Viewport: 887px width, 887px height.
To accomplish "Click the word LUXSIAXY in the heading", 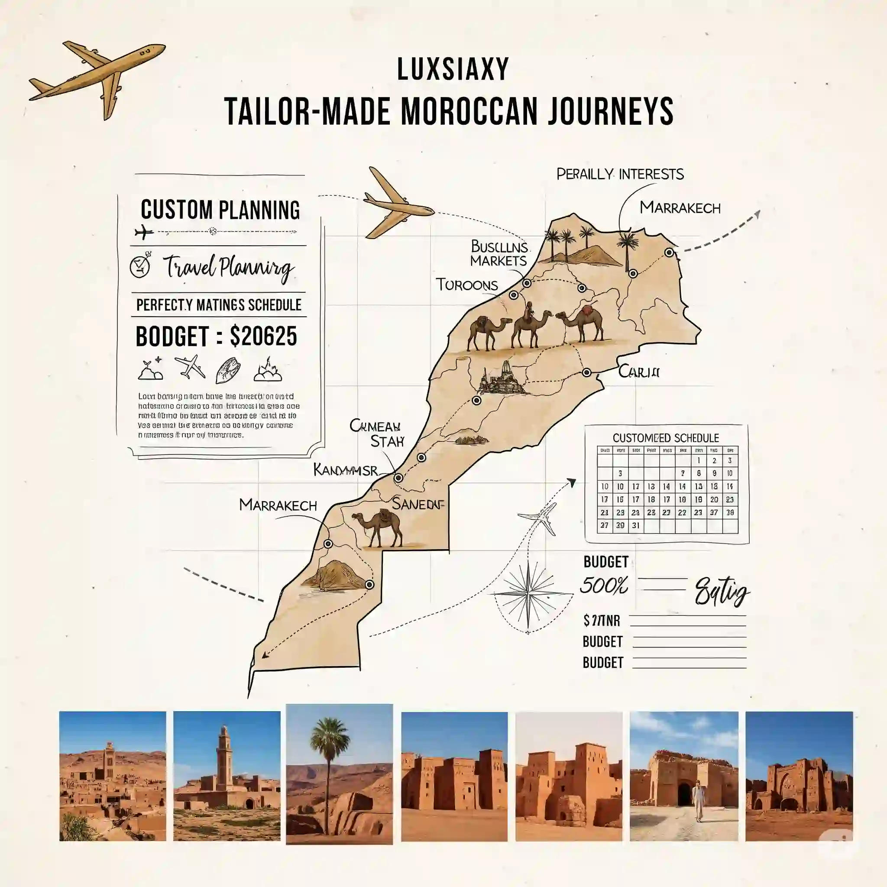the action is click(453, 70).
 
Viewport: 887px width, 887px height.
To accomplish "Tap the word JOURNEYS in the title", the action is click(610, 112).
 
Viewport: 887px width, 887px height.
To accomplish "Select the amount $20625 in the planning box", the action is click(263, 337).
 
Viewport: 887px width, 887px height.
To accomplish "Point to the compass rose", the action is click(529, 594).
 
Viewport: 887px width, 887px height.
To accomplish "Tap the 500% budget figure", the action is click(604, 586).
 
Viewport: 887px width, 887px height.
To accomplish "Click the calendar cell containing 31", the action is click(635, 526).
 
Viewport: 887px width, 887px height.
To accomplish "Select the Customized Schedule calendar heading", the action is click(666, 437).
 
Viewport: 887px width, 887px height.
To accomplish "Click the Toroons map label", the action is click(466, 285).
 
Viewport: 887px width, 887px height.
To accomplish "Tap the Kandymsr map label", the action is click(346, 469).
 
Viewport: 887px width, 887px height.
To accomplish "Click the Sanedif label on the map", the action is click(418, 504).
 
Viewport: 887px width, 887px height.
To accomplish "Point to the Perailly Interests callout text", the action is click(620, 175).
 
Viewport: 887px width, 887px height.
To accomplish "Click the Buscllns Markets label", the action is click(499, 254).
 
